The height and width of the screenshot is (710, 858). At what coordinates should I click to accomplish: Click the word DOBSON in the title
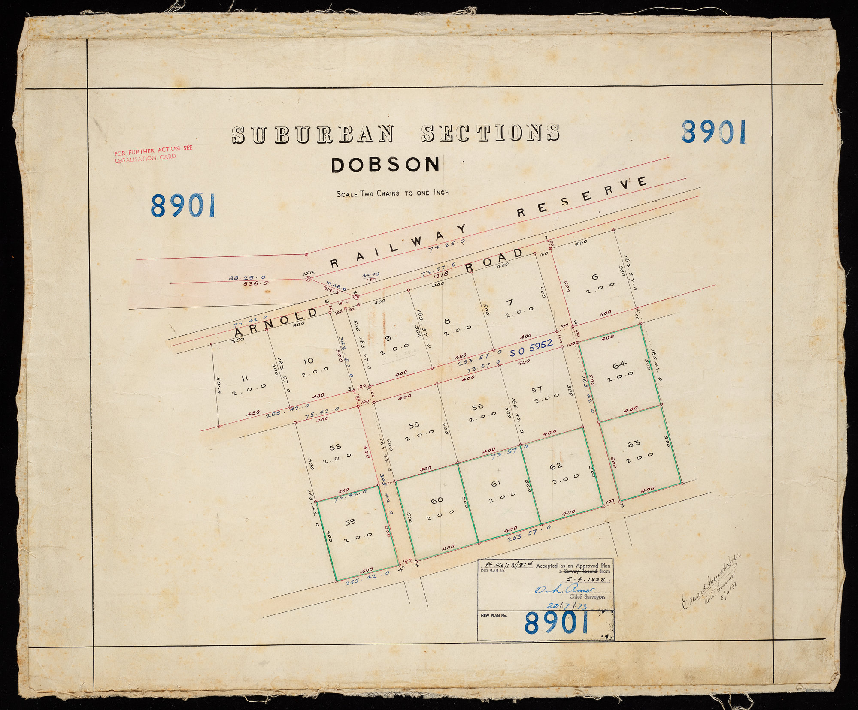[385, 165]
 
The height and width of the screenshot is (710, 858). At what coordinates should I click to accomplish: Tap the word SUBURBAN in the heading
[312, 135]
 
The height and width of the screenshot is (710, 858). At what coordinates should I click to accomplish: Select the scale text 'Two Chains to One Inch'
[392, 193]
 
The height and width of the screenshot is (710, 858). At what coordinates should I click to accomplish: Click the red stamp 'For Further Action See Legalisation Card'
[153, 152]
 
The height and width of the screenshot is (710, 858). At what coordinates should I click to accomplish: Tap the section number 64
[619, 365]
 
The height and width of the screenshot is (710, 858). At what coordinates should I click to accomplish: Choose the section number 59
[350, 522]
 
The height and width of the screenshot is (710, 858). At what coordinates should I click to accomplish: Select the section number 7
[509, 303]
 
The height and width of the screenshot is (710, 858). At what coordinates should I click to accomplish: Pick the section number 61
[496, 484]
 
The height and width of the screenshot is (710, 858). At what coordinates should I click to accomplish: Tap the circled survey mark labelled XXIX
[308, 279]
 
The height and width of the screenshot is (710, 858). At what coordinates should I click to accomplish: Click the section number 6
[594, 277]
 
